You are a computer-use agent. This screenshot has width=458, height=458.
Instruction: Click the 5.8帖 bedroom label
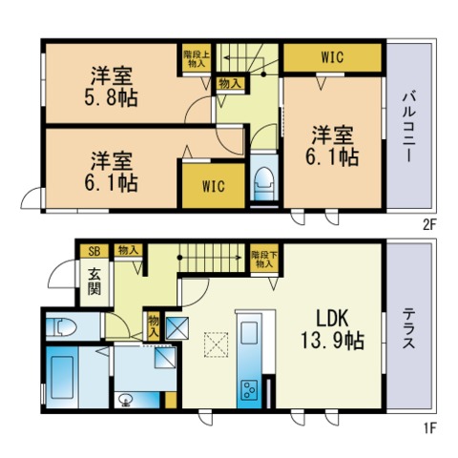pyautogui.click(x=111, y=87)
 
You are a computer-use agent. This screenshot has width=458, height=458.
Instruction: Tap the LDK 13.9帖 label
pyautogui.click(x=332, y=330)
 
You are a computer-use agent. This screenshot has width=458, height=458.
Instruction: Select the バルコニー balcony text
pyautogui.click(x=408, y=127)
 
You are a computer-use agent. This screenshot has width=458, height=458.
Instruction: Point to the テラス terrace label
pyautogui.click(x=408, y=328)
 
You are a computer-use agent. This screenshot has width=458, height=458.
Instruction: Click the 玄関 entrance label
pyautogui.click(x=94, y=281)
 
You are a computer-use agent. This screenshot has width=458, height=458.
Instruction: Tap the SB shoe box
pyautogui.click(x=94, y=251)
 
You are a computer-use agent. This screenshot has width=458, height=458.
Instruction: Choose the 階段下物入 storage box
pyautogui.click(x=264, y=260)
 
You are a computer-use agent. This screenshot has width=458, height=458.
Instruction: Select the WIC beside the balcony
pyautogui.click(x=332, y=57)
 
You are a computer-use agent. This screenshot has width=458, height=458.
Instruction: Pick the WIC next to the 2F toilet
pyautogui.click(x=214, y=186)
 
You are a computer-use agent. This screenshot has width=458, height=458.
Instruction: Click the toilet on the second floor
pyautogui.click(x=264, y=184)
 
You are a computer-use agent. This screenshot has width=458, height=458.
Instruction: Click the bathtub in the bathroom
pyautogui.click(x=62, y=377)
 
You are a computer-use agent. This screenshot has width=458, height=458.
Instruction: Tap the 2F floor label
pyautogui.click(x=428, y=225)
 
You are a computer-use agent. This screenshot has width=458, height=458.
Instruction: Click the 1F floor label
pyautogui.click(x=428, y=428)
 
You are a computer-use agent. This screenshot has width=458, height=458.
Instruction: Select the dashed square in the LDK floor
pyautogui.click(x=217, y=344)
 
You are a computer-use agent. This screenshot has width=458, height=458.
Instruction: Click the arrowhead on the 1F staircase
pyautogui.click(x=239, y=258)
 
